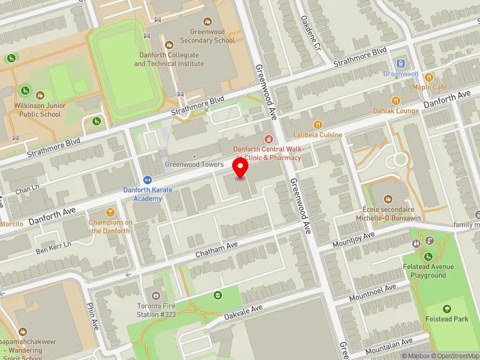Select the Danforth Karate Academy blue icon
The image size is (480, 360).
point(148,180)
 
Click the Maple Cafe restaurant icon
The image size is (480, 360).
point(429,77)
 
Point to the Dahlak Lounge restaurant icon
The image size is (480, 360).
point(395,101)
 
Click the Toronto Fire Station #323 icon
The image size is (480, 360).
point(156,296)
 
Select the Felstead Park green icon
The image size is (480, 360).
point(447,309)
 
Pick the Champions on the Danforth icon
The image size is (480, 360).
point(110,212)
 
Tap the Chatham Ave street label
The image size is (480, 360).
point(217,251)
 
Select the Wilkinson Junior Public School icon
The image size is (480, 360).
point(40,95)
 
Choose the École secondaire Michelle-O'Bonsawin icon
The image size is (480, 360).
point(387,199)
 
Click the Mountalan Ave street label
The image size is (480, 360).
point(389,346)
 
